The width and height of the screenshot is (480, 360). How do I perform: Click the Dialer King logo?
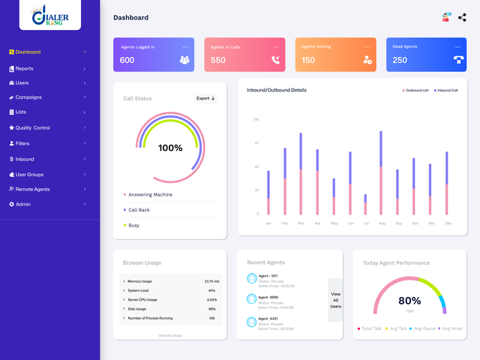point(49,17)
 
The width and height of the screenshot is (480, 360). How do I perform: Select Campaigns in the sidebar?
point(28,97)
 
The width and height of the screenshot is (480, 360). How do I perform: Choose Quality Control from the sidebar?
point(32,128)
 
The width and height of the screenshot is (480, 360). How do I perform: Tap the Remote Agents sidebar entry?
point(32,189)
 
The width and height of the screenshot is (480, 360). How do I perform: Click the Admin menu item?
point(23,204)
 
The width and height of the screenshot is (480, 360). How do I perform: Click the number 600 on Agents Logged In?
point(127,60)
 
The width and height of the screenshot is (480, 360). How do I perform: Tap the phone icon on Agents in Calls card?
point(277,60)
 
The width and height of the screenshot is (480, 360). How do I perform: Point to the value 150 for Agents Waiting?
point(308,60)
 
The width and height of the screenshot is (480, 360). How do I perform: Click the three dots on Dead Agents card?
point(458,46)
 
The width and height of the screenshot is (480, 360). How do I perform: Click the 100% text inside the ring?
point(170,148)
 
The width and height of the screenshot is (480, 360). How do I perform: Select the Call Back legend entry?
point(139,210)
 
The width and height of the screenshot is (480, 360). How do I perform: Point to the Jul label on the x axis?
point(365,223)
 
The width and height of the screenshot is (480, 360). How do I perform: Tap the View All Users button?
point(335,300)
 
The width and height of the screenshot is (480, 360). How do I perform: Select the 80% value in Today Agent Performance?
point(409,300)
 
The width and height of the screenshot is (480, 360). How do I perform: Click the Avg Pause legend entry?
point(424,328)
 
